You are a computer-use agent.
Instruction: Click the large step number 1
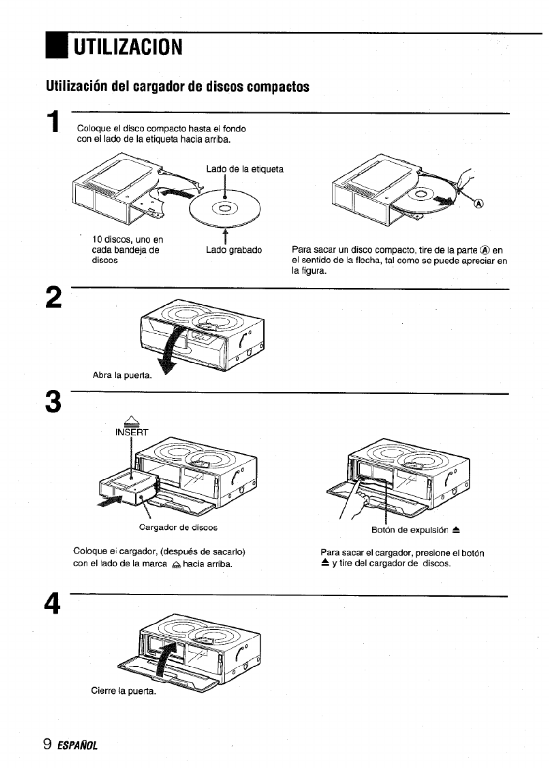tap(56, 121)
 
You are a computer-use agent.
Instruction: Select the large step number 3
tap(54, 401)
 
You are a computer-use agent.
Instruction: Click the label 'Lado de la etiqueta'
tap(245, 169)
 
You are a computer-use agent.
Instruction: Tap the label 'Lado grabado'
tap(234, 250)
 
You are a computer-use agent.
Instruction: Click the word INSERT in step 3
tap(131, 433)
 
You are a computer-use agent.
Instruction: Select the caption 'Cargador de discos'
tap(178, 527)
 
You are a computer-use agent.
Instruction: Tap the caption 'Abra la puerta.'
tap(122, 375)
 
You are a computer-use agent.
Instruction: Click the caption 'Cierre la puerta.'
tap(124, 691)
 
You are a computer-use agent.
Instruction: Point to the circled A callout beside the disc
tap(479, 204)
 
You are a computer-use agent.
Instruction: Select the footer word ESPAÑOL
tap(77, 745)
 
